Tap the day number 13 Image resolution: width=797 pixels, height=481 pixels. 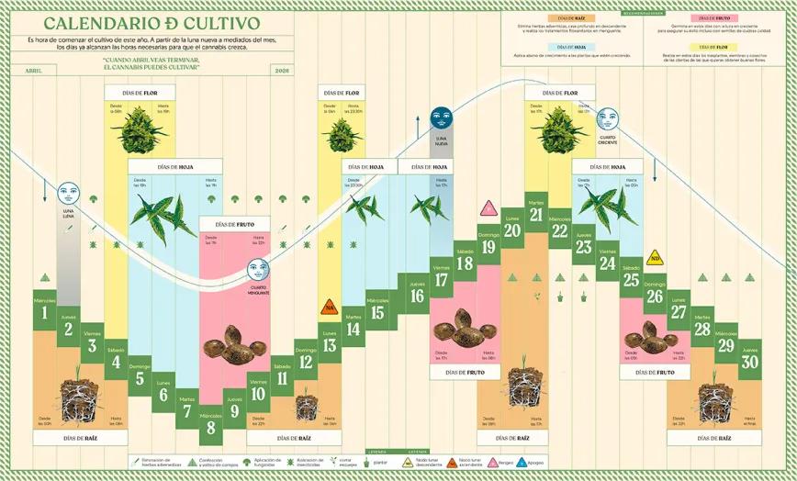pyautogui.click(x=329, y=344)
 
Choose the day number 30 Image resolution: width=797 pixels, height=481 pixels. pyautogui.click(x=749, y=361)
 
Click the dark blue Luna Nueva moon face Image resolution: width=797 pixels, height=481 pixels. pyautogui.click(x=442, y=117)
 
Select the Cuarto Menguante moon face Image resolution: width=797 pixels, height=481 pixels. pyautogui.click(x=258, y=269)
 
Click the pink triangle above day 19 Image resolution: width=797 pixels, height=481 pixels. pyautogui.click(x=488, y=208)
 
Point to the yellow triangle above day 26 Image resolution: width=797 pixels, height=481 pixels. pyautogui.click(x=655, y=257)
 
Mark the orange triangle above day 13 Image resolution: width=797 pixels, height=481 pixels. pyautogui.click(x=328, y=308)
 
